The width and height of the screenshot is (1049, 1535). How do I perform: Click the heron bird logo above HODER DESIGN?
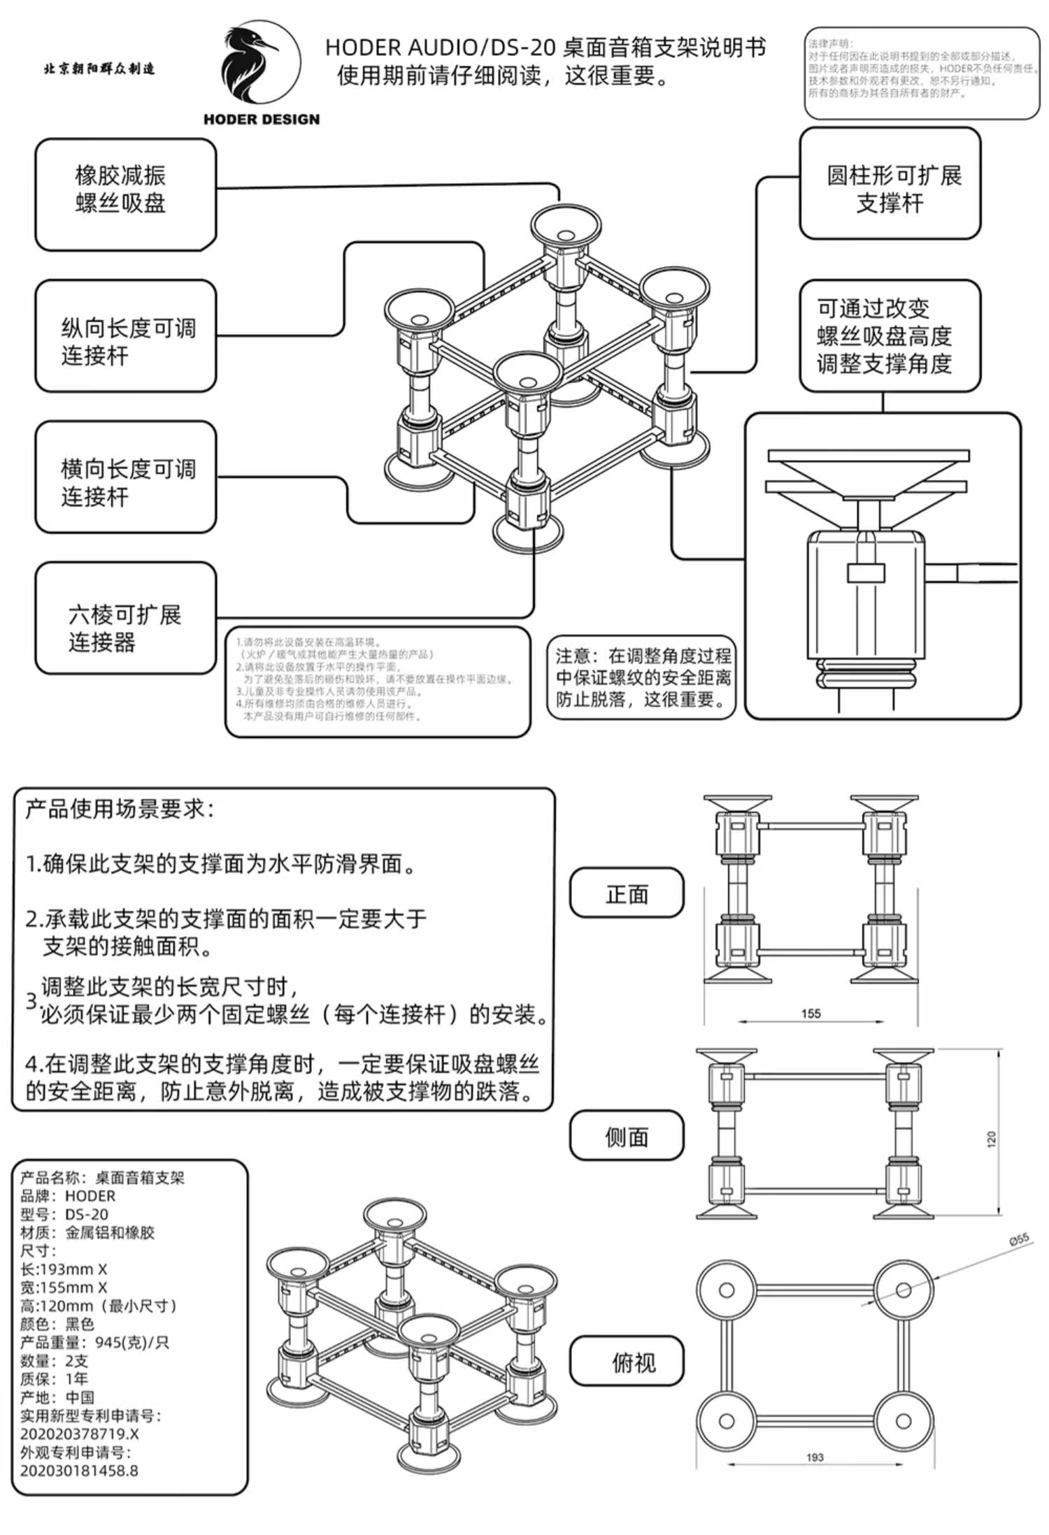(x=260, y=64)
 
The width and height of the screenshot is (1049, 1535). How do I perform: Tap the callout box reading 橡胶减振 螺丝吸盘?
(x=125, y=194)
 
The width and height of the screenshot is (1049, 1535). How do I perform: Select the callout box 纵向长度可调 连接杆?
(x=125, y=336)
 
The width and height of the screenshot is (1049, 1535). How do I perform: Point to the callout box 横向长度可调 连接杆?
(x=125, y=477)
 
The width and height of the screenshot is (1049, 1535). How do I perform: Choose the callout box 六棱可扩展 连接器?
(x=125, y=619)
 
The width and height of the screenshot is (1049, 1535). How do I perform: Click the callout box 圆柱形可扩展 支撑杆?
(x=890, y=184)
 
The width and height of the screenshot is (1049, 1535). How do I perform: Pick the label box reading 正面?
(x=627, y=893)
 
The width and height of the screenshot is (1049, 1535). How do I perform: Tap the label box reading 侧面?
(x=627, y=1136)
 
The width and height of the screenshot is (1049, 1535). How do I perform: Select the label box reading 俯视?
(x=627, y=1361)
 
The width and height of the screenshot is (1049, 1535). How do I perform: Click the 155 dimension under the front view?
(x=811, y=1014)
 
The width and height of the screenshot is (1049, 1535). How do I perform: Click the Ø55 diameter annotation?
(x=1019, y=1239)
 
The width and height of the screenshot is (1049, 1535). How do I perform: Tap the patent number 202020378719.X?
(x=80, y=1434)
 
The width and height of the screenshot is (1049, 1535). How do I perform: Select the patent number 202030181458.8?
(x=80, y=1470)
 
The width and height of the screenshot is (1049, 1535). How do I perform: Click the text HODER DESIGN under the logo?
(x=262, y=120)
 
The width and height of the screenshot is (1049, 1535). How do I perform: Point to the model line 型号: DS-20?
(x=64, y=1214)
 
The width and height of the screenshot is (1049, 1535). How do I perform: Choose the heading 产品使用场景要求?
(x=120, y=809)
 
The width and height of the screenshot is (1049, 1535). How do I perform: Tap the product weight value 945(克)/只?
(x=132, y=1342)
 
